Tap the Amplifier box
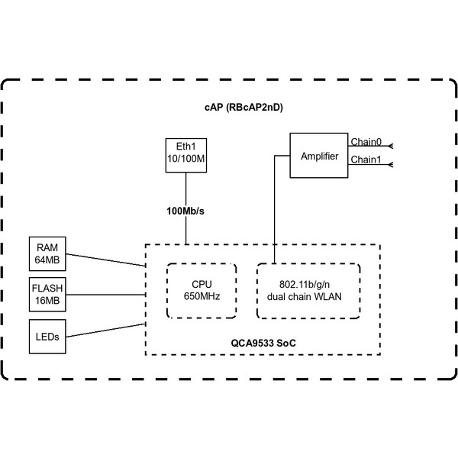319,156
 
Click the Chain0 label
366,142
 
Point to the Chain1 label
366,160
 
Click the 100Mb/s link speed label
186,210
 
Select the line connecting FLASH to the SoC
107,294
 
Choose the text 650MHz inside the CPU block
202,295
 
